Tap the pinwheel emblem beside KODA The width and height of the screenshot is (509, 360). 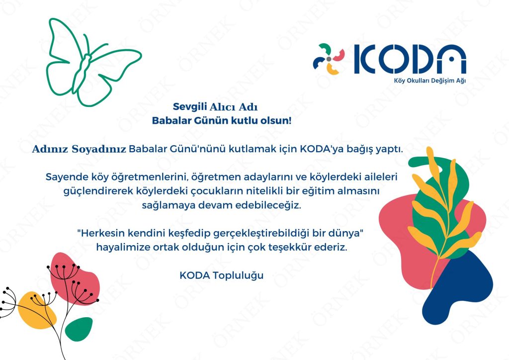329,59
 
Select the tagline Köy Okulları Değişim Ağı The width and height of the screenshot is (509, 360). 430,81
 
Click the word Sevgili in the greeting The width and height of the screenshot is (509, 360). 190,106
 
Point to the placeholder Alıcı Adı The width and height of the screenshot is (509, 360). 234,107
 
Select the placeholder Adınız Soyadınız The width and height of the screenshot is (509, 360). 79,149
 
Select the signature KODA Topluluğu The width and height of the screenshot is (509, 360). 222,275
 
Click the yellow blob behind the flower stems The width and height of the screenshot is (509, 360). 36,310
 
